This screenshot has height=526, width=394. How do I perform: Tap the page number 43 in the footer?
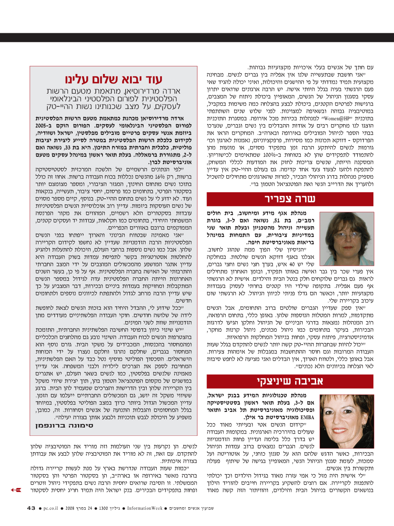click(x=31, y=508)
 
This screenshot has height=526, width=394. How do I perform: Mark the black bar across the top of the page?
click(x=197, y=37)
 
